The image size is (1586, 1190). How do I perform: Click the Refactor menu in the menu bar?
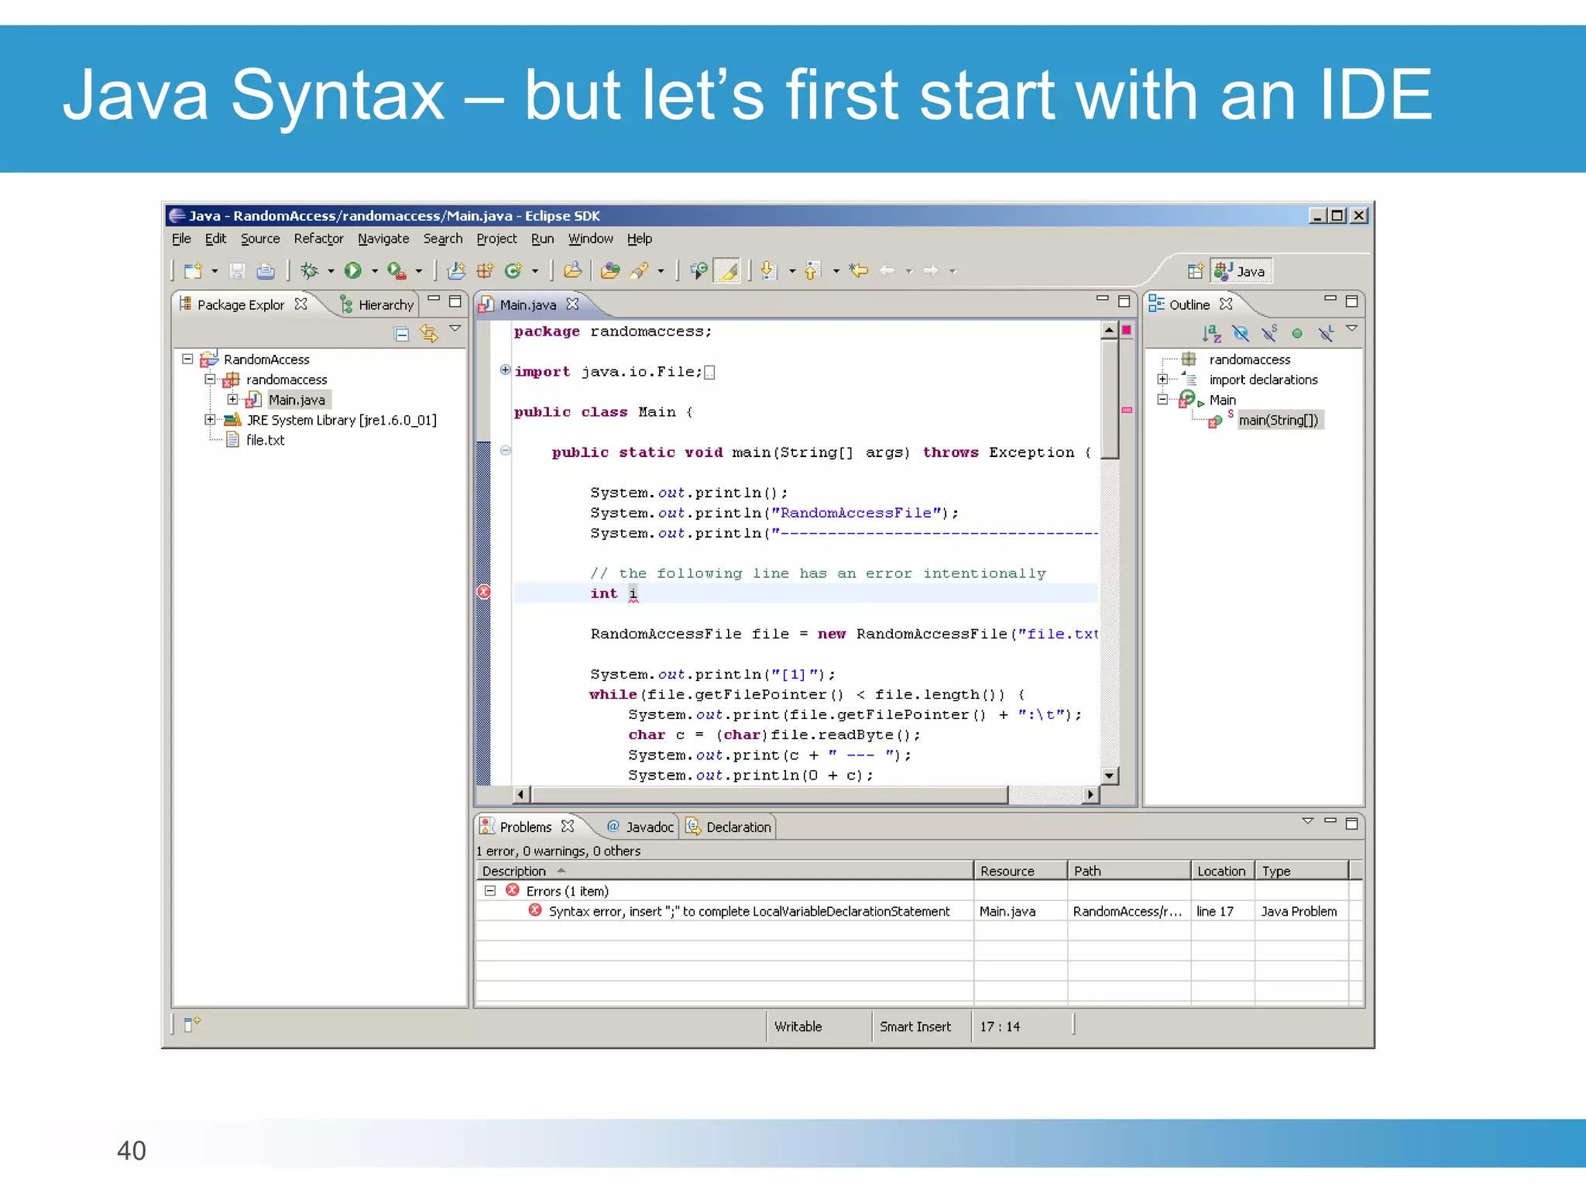click(x=318, y=239)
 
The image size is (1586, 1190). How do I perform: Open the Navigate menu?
click(x=383, y=239)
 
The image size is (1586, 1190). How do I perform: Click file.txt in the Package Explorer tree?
click(x=265, y=440)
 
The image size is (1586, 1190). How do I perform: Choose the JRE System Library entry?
click(x=341, y=420)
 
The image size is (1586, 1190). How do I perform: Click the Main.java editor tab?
click(x=527, y=304)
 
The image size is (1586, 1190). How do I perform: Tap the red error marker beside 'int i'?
click(x=484, y=593)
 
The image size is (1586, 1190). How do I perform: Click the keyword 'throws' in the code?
click(x=950, y=452)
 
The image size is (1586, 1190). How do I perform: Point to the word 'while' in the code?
click(x=613, y=695)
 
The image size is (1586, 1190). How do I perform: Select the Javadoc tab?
click(x=649, y=827)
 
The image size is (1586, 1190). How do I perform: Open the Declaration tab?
click(x=738, y=827)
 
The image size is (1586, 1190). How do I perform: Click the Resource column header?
click(x=1007, y=871)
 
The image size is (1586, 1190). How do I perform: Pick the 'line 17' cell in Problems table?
click(x=1214, y=911)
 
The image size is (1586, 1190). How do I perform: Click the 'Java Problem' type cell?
click(x=1299, y=911)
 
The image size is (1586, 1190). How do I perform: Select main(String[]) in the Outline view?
click(x=1278, y=420)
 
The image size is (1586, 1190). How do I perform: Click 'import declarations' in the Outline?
click(x=1263, y=380)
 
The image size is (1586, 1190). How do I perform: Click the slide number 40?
click(x=132, y=1150)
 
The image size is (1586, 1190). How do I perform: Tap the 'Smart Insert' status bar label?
click(x=915, y=1027)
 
